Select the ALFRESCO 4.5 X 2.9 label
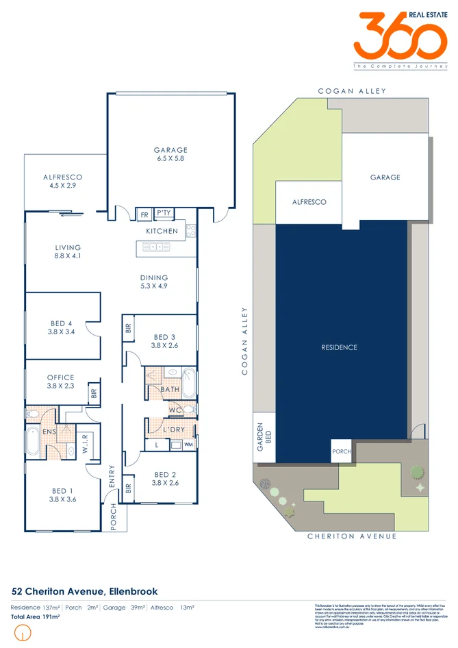[x=63, y=182]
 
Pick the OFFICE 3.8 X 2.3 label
[x=60, y=382]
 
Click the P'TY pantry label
[x=164, y=214]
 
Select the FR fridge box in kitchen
[x=144, y=214]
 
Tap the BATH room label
[x=170, y=389]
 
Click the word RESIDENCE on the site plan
[x=340, y=347]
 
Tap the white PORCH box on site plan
[x=342, y=451]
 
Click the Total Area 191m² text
[x=36, y=617]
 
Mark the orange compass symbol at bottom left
[x=24, y=635]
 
